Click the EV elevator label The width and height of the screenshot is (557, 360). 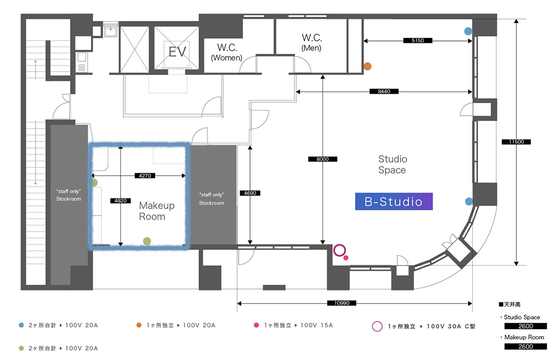(x=177, y=52)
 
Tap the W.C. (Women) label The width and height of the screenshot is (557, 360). (x=226, y=52)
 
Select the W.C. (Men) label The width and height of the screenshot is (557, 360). (x=311, y=42)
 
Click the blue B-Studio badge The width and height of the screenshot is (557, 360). (x=393, y=202)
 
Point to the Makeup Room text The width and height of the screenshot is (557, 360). (x=156, y=211)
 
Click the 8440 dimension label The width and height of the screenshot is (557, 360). (x=383, y=92)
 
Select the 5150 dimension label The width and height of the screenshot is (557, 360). (x=418, y=41)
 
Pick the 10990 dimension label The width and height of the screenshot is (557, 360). (x=337, y=303)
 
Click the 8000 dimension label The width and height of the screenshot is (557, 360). (x=323, y=159)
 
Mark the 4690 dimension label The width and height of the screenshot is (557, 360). (x=249, y=193)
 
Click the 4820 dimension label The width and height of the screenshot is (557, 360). (x=120, y=201)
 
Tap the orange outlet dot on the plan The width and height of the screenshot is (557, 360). (x=367, y=66)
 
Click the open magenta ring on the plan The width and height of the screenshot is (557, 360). (x=339, y=250)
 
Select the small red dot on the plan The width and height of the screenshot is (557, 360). (x=346, y=258)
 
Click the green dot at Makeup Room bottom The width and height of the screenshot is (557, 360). (x=147, y=240)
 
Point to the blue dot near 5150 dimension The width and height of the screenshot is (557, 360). (x=468, y=31)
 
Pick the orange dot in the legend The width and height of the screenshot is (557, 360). (x=138, y=325)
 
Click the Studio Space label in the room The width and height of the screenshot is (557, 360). (x=392, y=165)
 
